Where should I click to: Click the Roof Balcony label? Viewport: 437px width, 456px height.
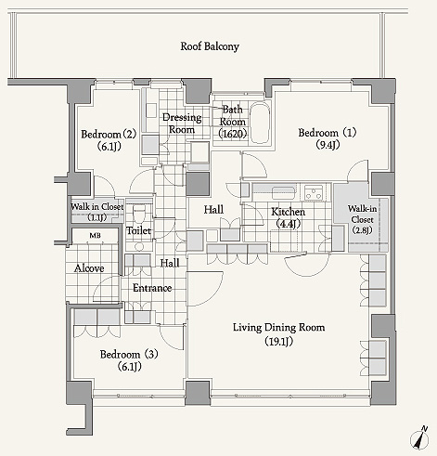pyautogui.click(x=210, y=46)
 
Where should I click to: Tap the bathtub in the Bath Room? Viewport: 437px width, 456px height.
pyautogui.click(x=260, y=124)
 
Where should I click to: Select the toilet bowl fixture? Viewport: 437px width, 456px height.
pyautogui.click(x=139, y=214)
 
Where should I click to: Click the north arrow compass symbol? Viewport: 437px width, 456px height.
pyautogui.click(x=420, y=437)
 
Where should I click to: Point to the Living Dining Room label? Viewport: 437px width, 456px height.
pyautogui.click(x=278, y=328)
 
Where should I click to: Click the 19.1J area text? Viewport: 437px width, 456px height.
pyautogui.click(x=278, y=341)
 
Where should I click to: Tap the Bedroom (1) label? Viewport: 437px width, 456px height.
pyautogui.click(x=328, y=133)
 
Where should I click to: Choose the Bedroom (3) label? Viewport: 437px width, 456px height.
pyautogui.click(x=129, y=354)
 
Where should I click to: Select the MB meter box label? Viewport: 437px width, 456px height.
pyautogui.click(x=95, y=236)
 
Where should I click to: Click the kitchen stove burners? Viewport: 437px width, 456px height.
pyautogui.click(x=314, y=192)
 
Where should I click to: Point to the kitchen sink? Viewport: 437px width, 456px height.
pyautogui.click(x=283, y=193)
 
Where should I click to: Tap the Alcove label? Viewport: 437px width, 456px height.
pyautogui.click(x=89, y=268)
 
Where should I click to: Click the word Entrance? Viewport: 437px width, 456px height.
pyautogui.click(x=152, y=288)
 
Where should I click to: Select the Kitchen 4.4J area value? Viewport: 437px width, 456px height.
pyautogui.click(x=288, y=224)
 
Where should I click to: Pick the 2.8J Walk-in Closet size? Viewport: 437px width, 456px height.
pyautogui.click(x=362, y=230)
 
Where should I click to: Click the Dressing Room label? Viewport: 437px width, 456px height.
pyautogui.click(x=182, y=124)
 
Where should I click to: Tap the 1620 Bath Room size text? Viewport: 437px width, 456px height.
pyautogui.click(x=233, y=134)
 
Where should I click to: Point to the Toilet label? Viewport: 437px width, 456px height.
pyautogui.click(x=139, y=230)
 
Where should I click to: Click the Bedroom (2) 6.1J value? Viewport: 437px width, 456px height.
pyautogui.click(x=109, y=146)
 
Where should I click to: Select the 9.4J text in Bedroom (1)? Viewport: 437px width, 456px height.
pyautogui.click(x=328, y=145)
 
